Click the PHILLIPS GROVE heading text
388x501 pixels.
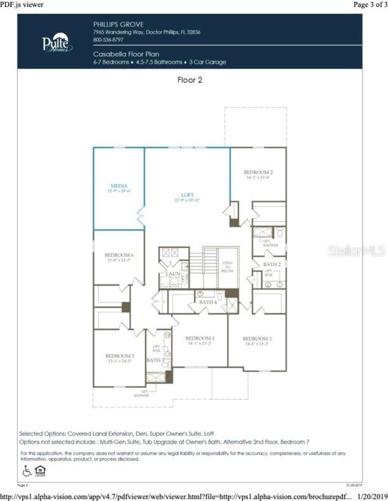point(118,25)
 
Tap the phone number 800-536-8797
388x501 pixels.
point(108,40)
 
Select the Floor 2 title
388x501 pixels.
point(190,80)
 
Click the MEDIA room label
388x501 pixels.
point(119,186)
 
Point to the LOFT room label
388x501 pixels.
point(187,195)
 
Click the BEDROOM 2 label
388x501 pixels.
point(258,172)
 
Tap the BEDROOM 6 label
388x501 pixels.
point(119,255)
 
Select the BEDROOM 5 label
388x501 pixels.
point(120,356)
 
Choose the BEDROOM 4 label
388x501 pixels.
point(200,338)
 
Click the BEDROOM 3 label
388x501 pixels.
point(257,339)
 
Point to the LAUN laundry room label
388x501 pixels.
point(173,273)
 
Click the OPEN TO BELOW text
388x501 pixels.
point(227,267)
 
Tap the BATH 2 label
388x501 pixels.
point(272,264)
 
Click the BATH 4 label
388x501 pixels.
point(208,302)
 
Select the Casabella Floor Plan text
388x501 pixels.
point(126,54)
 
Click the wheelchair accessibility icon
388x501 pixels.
point(27,471)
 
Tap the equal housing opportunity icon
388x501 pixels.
point(40,471)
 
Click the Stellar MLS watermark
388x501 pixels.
point(356,250)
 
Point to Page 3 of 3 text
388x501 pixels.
point(370,4)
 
